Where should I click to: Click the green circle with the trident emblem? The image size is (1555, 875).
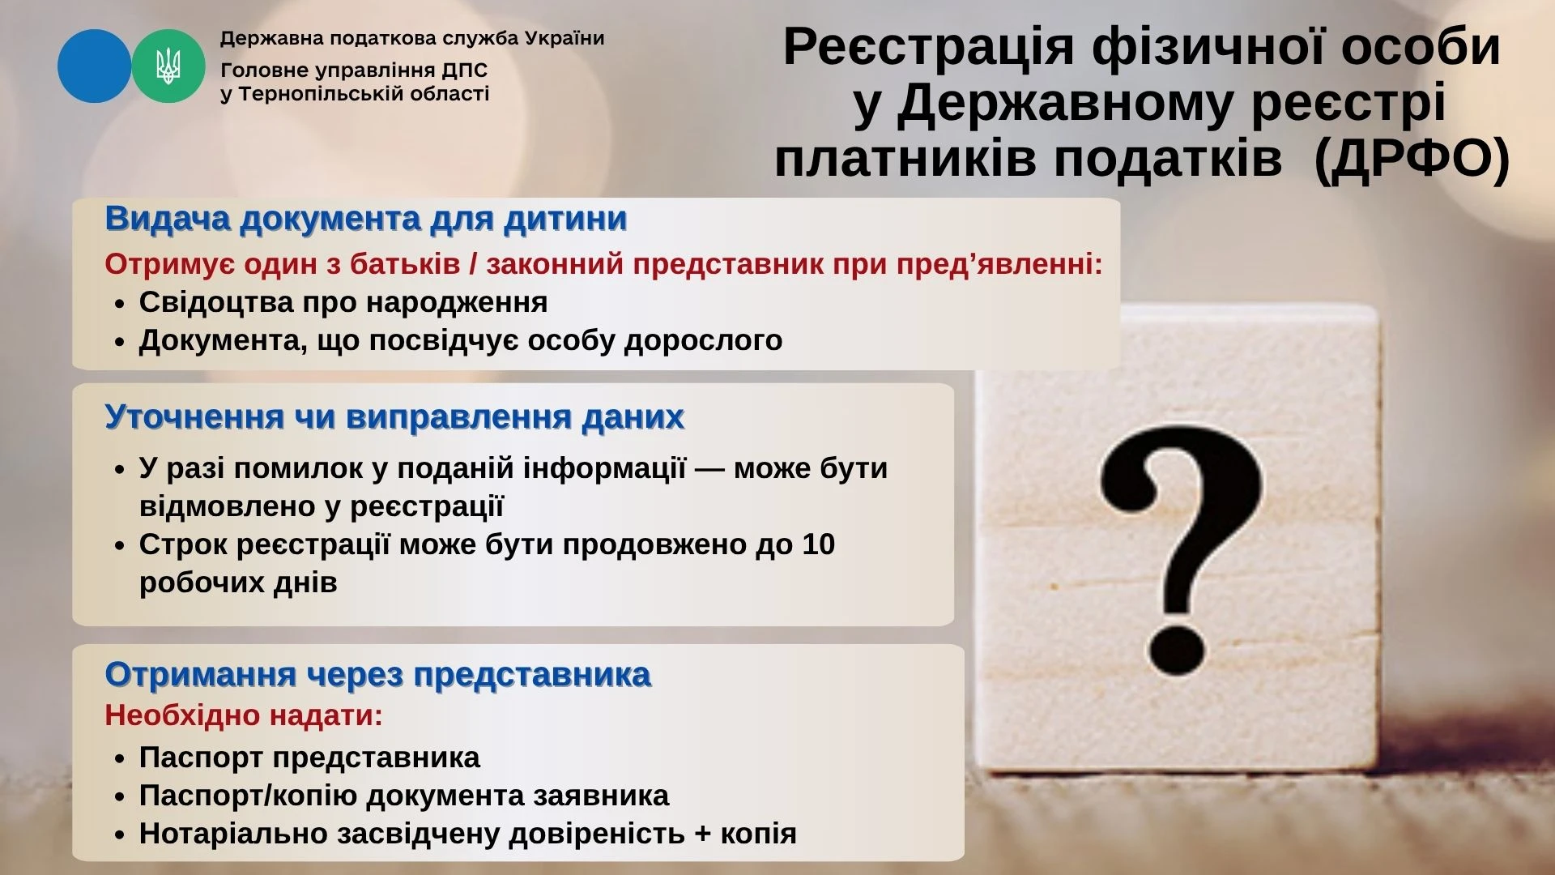[168, 66]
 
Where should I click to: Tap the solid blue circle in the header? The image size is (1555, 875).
[94, 66]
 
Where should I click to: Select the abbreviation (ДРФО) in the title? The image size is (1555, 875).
[1412, 158]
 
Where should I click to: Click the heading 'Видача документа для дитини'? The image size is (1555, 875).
[366, 220]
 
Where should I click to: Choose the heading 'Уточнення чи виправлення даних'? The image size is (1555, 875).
[394, 417]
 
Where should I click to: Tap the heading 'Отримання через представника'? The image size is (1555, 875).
[378, 675]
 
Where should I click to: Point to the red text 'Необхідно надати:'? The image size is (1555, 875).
[244, 716]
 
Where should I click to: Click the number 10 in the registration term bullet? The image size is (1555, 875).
[818, 544]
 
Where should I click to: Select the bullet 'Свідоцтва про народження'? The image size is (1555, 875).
[343, 302]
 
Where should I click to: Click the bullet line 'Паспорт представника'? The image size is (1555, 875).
[309, 758]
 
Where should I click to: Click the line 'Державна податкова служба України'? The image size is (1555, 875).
[412, 39]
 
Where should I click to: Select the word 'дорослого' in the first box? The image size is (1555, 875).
[703, 341]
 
